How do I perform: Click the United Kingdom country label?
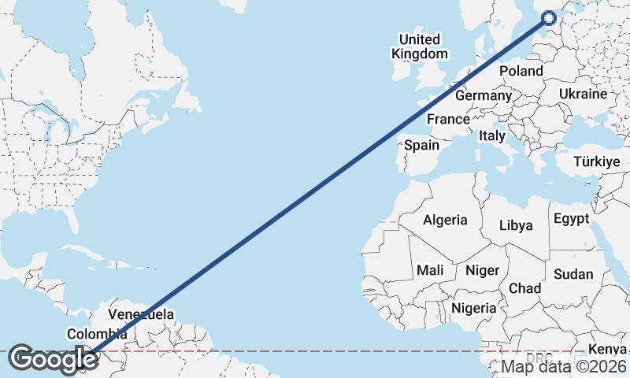[x=420, y=46]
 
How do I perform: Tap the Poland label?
[x=521, y=71]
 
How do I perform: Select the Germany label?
[x=484, y=95]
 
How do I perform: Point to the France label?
[x=448, y=120]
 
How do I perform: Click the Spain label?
[x=421, y=145]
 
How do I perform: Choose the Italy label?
[x=492, y=135]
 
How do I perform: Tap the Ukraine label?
[x=583, y=94]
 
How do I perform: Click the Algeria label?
[x=445, y=220]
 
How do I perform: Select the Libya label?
[x=516, y=225]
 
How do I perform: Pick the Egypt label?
[x=571, y=218]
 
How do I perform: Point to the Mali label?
[x=430, y=270]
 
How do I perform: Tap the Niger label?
[x=483, y=270]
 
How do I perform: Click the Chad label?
[x=524, y=288]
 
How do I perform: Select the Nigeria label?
[x=474, y=308]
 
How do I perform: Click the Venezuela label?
[x=139, y=314]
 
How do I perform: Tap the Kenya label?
[x=609, y=349]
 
